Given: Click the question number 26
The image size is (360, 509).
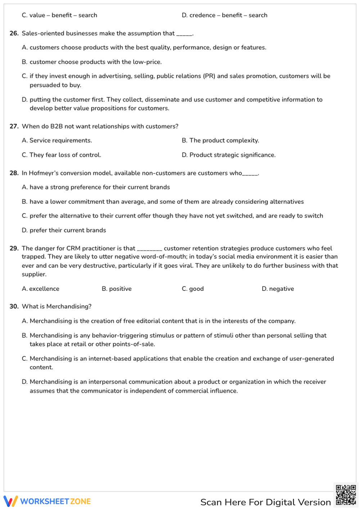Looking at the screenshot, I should (14, 33).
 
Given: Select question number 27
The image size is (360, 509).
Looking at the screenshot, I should (14, 126).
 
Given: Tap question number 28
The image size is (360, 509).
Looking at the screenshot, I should (14, 173).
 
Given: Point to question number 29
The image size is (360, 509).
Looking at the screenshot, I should (14, 248).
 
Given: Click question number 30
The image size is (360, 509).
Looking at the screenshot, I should (14, 306).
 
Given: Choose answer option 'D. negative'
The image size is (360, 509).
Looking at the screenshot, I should (278, 289).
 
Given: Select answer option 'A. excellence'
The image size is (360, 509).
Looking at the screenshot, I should (40, 289).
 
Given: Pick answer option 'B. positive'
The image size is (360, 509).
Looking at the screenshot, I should (117, 289).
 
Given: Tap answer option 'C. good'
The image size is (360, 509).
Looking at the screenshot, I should (193, 289).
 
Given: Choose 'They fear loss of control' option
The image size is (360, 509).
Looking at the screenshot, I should (61, 155).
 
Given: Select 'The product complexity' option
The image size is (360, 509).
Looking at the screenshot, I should (220, 140).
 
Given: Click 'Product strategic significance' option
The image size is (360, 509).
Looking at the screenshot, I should (229, 155).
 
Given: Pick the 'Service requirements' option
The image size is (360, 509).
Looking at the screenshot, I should (57, 140).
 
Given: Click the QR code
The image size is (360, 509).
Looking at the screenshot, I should (346, 495).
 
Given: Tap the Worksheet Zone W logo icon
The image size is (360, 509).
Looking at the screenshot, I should (10, 501).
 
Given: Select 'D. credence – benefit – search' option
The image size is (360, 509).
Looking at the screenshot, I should (224, 15).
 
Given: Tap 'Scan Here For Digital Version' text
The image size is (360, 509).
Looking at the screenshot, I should (265, 502).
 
